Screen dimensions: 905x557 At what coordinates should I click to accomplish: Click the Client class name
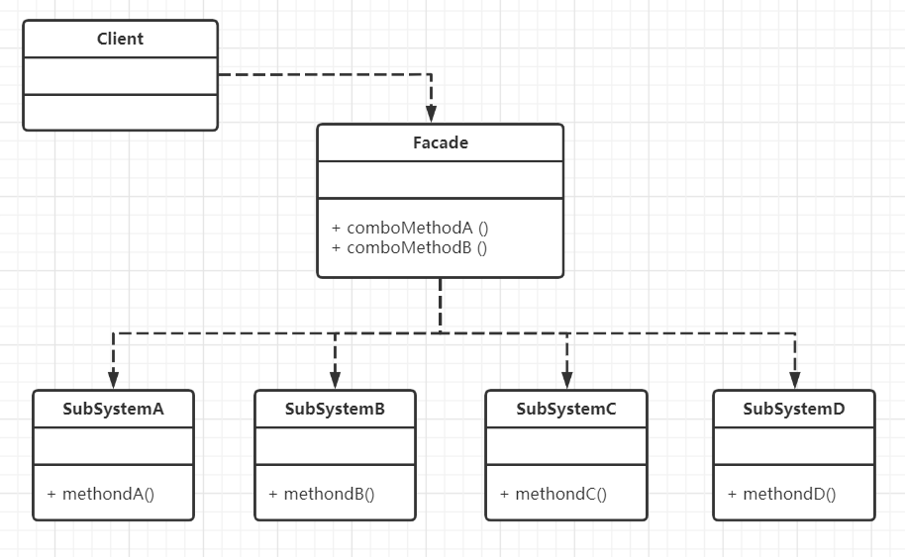120,39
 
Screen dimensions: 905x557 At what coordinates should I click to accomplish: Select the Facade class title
441,142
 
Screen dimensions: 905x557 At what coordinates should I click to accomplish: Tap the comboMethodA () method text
410,228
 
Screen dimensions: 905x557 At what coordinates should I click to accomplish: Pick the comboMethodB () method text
409,247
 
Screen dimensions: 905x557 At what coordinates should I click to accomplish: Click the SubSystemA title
113,409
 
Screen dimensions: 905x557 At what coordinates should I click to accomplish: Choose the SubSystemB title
335,409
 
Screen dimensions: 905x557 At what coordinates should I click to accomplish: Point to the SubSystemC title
566,409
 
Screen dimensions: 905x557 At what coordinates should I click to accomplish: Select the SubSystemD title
793,409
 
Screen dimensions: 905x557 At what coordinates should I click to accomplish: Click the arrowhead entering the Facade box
431,114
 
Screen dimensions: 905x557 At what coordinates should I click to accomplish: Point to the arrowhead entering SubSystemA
113,380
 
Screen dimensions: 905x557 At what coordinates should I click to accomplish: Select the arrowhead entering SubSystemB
335,380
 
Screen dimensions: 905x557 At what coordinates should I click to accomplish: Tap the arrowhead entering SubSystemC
566,380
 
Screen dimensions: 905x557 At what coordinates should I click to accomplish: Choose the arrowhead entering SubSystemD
795,380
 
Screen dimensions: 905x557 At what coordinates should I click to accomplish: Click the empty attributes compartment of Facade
441,180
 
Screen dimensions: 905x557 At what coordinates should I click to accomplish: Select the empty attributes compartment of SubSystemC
566,446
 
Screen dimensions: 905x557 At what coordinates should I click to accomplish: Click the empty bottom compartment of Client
120,113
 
